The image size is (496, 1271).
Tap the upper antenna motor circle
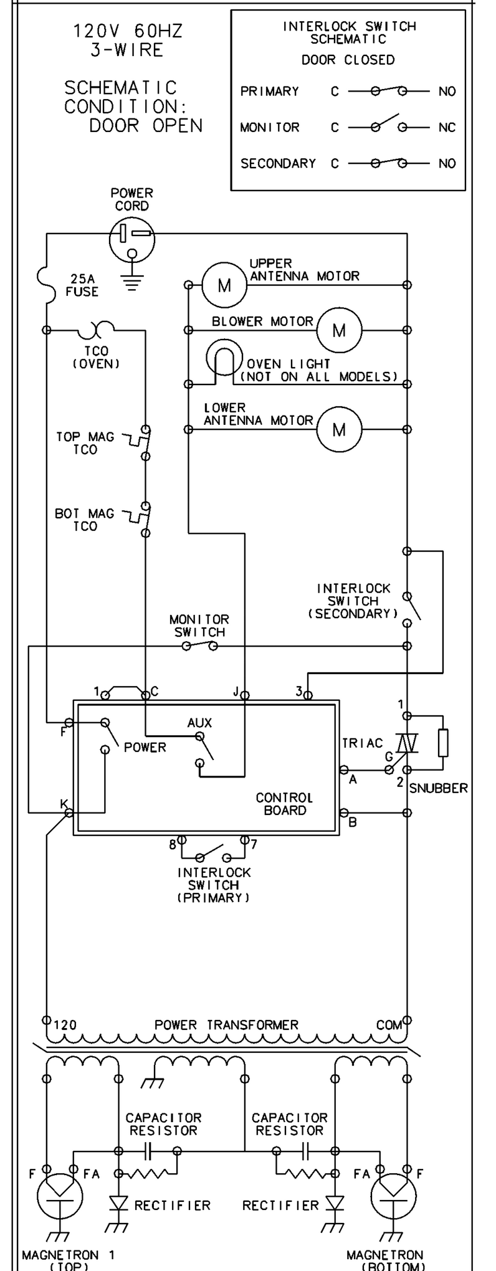pyautogui.click(x=224, y=285)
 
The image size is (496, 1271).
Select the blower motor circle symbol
pyautogui.click(x=339, y=330)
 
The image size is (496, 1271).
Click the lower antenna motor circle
pyautogui.click(x=339, y=429)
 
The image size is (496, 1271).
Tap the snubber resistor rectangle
pyautogui.click(x=443, y=743)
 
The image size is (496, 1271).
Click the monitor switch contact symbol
pyautogui.click(x=199, y=646)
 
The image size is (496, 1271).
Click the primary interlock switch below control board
pyautogui.click(x=212, y=854)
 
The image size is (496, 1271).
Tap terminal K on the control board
pyautogui.click(x=69, y=812)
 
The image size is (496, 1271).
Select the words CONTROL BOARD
pyautogui.click(x=285, y=804)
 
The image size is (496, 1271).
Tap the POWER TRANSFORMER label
pyautogui.click(x=226, y=1025)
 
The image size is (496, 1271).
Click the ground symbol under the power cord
pyautogui.click(x=131, y=283)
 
